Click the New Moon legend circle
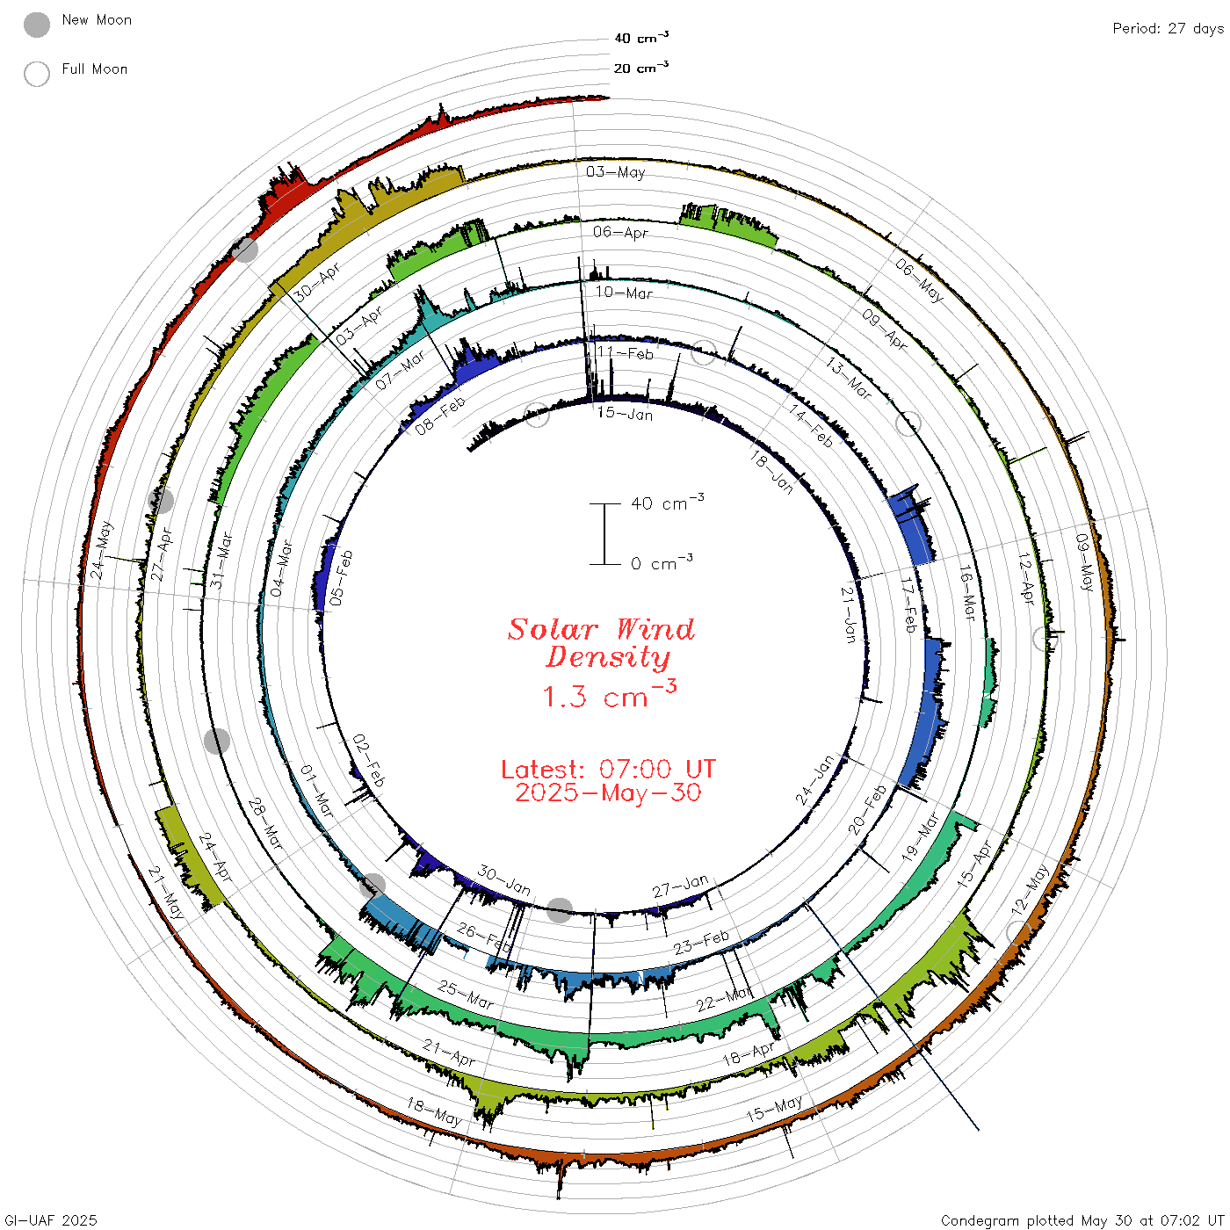(x=36, y=25)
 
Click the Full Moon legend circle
(x=36, y=74)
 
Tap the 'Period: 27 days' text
(x=1168, y=29)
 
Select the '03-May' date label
(x=615, y=171)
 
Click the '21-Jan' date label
(x=849, y=615)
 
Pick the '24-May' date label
(x=101, y=550)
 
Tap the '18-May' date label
(x=434, y=1111)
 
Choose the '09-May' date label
(x=1084, y=561)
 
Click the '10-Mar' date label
(x=624, y=293)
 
